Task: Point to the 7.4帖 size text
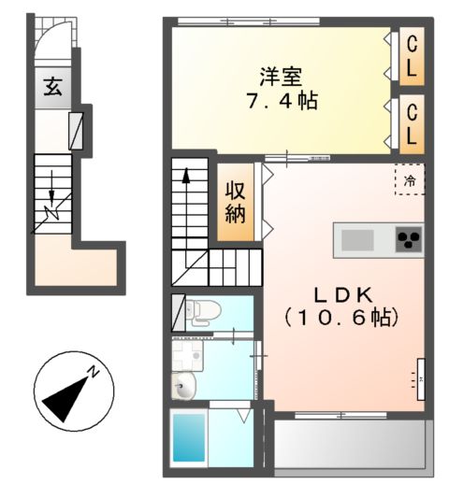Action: coord(281,101)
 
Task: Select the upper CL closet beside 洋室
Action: coord(410,56)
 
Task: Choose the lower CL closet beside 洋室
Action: coord(410,122)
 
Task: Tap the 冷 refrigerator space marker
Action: coord(409,179)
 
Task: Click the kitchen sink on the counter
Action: coord(357,240)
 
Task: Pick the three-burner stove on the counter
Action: coord(408,240)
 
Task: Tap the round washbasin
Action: coord(183,383)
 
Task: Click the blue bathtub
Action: coord(190,438)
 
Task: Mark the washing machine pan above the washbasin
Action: coord(190,355)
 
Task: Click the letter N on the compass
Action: coord(94,373)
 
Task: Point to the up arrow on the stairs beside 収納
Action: coord(186,177)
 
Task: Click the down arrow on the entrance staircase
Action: coord(52,198)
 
